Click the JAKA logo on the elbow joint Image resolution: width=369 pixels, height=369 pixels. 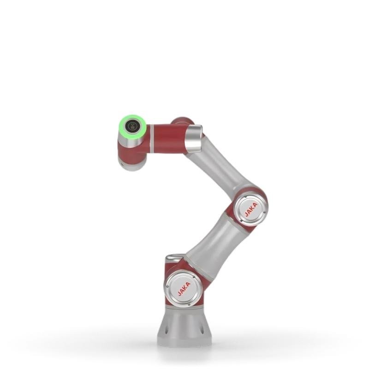point(251,209)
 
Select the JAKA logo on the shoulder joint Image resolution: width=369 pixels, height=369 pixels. point(184,289)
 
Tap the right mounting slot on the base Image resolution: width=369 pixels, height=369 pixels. point(202,328)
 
